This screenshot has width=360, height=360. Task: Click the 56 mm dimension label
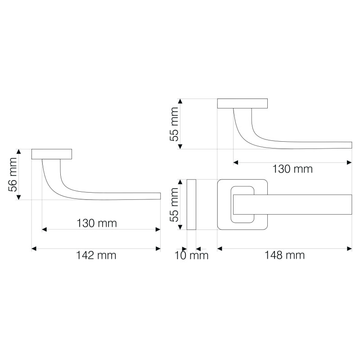coord(13,175)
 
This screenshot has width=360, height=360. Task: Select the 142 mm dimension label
coord(96,255)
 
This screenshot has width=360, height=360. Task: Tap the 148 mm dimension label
coord(285,255)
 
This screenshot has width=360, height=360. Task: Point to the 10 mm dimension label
coord(192,256)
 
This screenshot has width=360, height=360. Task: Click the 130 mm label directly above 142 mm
coord(97,223)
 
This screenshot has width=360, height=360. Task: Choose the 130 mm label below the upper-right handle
coord(292,169)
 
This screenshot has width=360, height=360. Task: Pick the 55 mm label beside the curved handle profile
coord(174,124)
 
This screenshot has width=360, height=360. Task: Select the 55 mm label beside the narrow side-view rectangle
coord(174,205)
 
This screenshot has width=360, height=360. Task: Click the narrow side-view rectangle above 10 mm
coord(191,205)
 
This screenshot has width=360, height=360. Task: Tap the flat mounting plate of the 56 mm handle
coord(52,154)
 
